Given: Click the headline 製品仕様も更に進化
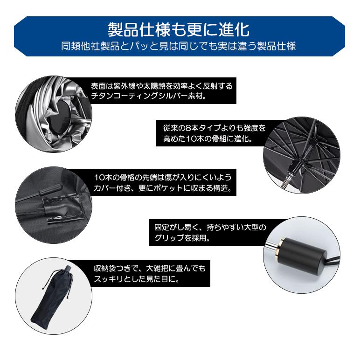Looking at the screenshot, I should (x=179, y=29).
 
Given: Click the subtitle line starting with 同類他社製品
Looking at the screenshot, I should (x=179, y=47).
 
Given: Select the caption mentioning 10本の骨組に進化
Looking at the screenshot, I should (x=213, y=133).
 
